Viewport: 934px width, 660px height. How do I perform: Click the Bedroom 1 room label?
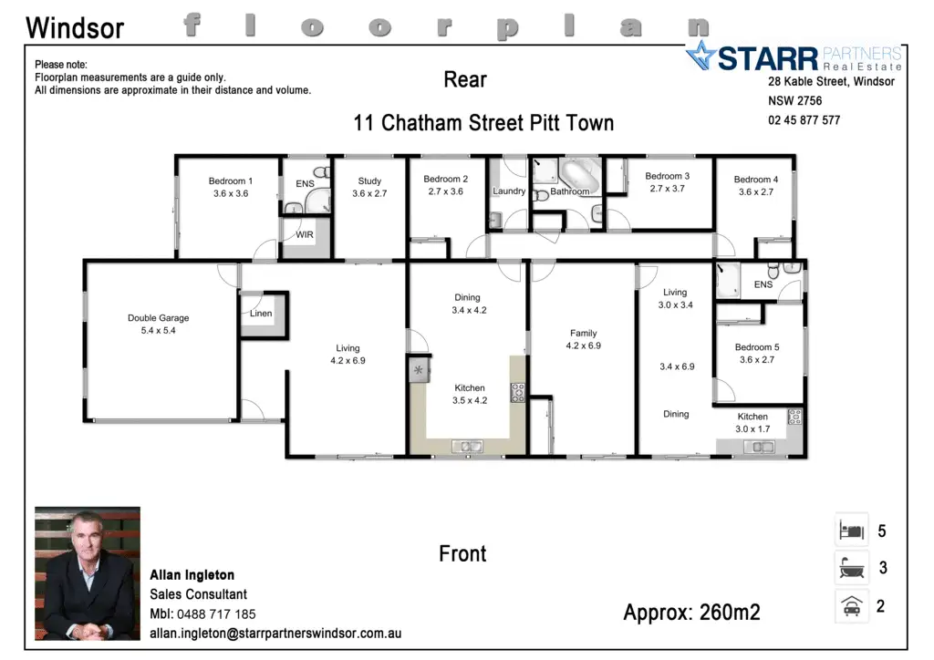point(231,180)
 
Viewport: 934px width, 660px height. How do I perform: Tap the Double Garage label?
point(159,318)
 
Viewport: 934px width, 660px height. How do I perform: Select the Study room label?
point(369,180)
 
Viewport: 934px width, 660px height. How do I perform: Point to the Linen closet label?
point(261,313)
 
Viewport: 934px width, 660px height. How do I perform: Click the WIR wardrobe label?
point(305,234)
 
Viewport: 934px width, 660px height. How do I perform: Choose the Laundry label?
point(509,191)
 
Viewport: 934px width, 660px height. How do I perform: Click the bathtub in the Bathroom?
point(579,175)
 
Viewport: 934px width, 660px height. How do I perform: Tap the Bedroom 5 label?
point(757,347)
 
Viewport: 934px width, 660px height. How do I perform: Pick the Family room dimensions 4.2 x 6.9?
point(583,345)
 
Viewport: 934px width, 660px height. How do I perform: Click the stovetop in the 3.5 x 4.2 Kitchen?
point(518,392)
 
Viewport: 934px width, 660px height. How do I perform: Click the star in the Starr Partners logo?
point(701,56)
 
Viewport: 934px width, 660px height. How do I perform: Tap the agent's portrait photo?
point(88,573)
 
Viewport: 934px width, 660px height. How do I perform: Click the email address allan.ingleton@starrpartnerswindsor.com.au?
point(275,634)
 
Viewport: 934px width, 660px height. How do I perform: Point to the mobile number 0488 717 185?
point(216,614)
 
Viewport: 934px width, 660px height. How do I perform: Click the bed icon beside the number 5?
point(851,530)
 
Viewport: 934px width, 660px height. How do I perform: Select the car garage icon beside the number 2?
point(851,606)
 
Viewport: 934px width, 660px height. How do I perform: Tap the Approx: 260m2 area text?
point(691,613)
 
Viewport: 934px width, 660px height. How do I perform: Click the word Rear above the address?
point(464,79)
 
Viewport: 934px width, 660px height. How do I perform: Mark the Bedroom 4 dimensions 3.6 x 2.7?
point(756,191)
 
